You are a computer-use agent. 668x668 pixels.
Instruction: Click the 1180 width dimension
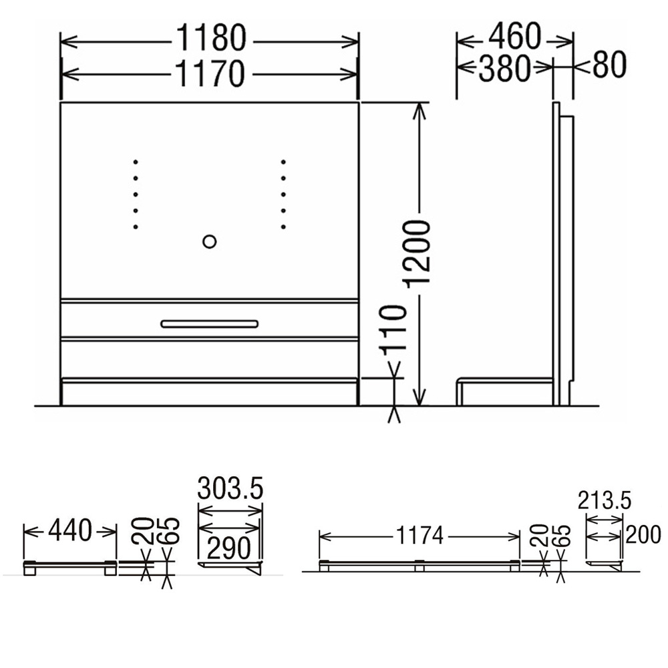point(211,37)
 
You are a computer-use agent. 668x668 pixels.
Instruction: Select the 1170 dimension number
point(210,73)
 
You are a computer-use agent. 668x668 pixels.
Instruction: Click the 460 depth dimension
point(514,37)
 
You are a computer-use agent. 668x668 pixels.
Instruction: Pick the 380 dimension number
point(504,69)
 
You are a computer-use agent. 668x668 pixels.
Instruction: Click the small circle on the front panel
point(209,242)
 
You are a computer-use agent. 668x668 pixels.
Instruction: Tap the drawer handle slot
point(209,324)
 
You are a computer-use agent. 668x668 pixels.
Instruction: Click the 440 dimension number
point(70,531)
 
